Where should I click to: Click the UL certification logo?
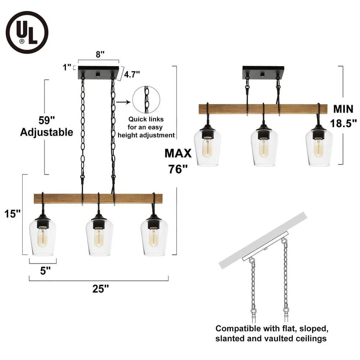pos(27,32)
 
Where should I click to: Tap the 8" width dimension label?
pos(100,54)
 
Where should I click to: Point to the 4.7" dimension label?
pos(132,74)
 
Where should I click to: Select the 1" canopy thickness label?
pos(67,67)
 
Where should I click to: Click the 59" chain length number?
pos(46,120)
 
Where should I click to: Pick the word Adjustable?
pos(46,132)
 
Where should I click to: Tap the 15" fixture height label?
pos(13,214)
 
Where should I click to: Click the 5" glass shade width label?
pos(45,271)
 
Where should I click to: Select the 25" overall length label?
pos(100,289)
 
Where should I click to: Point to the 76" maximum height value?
pos(178,169)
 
